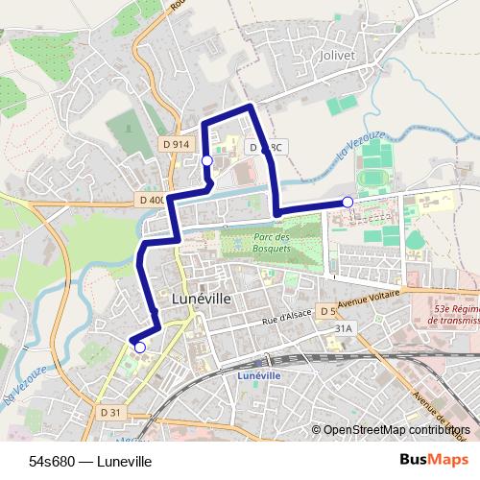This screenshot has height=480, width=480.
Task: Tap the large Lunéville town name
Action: [x=200, y=299]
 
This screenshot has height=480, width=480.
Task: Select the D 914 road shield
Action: [x=175, y=143]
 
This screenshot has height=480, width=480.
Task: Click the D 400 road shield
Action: [x=152, y=200]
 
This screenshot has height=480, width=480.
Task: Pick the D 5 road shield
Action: [x=326, y=312]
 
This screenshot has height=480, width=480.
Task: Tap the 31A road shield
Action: [x=343, y=328]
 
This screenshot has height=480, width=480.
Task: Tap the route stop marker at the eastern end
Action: [x=348, y=202]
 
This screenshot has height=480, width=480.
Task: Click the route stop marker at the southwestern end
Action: [x=140, y=348]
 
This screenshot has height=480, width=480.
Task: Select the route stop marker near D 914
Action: [x=206, y=161]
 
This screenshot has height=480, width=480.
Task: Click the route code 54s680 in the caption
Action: [x=55, y=462]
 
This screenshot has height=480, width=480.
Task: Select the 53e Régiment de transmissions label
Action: [x=444, y=314]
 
